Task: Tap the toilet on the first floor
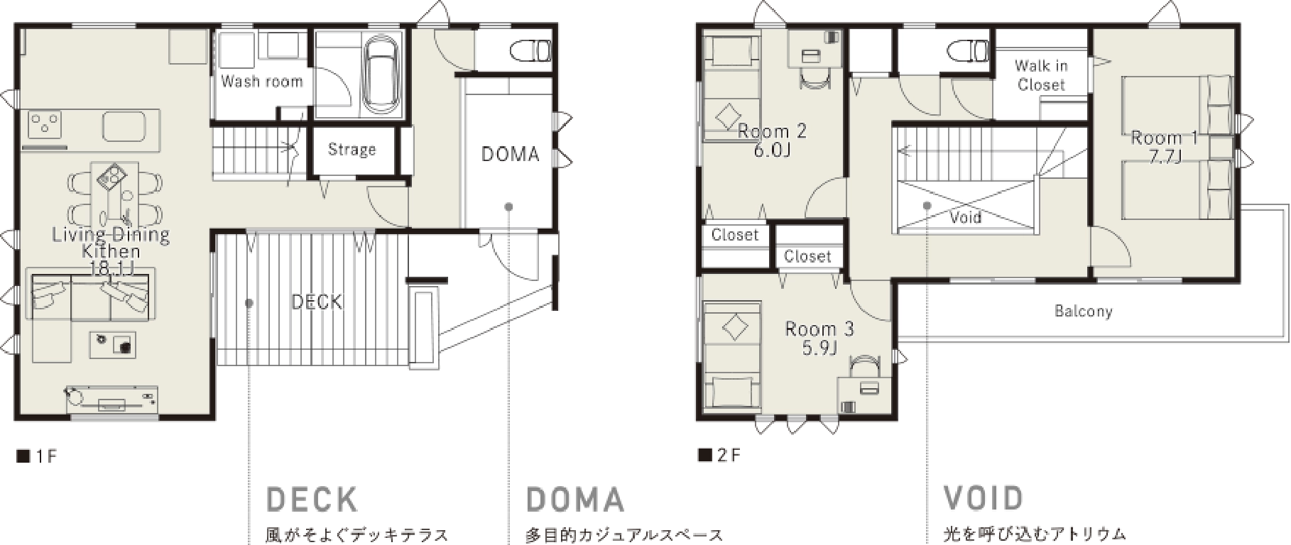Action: tap(530, 50)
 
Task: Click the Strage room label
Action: tap(352, 149)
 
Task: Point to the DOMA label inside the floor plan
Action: tap(510, 154)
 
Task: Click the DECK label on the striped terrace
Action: tap(317, 302)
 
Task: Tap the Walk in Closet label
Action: tap(1041, 75)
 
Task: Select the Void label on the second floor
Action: tap(966, 216)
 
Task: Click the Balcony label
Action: tap(1083, 311)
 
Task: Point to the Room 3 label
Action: tap(819, 329)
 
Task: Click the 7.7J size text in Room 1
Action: tap(1165, 156)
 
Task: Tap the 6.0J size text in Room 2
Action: tap(772, 150)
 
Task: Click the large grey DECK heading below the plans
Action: tap(312, 500)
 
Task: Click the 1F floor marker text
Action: tap(37, 456)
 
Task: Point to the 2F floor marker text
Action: tap(719, 455)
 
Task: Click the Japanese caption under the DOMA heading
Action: tap(625, 535)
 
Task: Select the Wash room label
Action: tap(262, 82)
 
